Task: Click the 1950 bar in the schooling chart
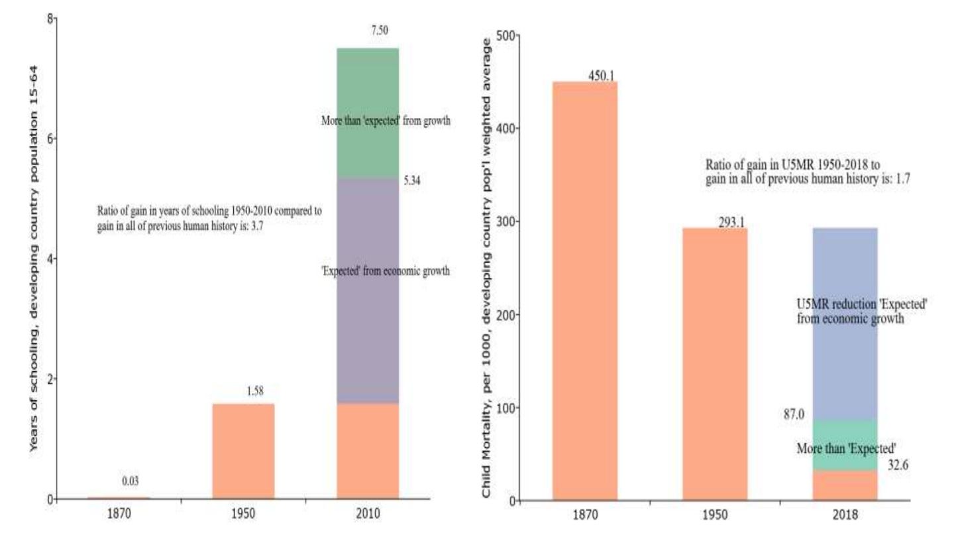(x=243, y=452)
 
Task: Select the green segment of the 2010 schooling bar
(x=368, y=113)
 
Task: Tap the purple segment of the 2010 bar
(x=368, y=291)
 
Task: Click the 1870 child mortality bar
(x=585, y=290)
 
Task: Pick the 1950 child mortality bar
(x=715, y=364)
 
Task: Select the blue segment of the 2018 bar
(x=845, y=324)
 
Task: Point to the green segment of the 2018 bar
(x=845, y=446)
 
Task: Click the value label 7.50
(x=380, y=30)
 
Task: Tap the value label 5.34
(x=412, y=180)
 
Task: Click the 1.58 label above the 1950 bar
(x=255, y=391)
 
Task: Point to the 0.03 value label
(x=131, y=481)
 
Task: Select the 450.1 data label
(x=602, y=76)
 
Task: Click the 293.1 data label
(x=731, y=222)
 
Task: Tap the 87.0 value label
(x=794, y=414)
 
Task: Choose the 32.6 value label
(x=898, y=465)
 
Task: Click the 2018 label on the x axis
(x=845, y=515)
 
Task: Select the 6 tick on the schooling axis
(x=50, y=139)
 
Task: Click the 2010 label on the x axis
(x=368, y=513)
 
